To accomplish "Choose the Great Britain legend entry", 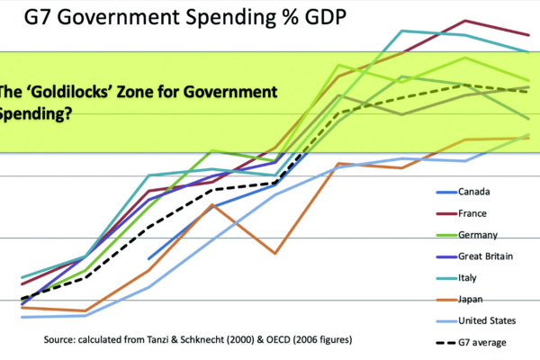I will click(x=485, y=256).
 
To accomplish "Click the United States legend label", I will click(x=488, y=320).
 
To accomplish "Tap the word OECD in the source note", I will click(x=263, y=340).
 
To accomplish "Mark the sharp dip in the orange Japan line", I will click(x=275, y=254).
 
